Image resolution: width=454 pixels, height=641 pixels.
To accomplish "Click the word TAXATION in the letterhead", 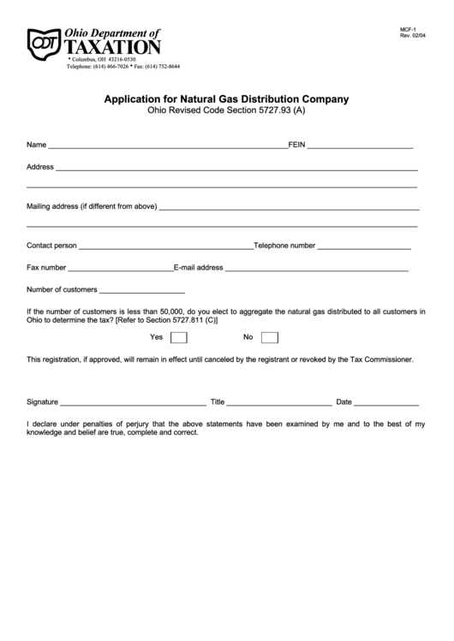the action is (x=113, y=47).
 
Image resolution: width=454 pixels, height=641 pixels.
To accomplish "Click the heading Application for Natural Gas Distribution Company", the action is (x=226, y=98).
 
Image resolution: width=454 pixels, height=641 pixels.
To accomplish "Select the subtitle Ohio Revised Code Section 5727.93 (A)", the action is (x=226, y=111).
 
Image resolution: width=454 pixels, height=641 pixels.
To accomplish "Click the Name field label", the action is (x=36, y=144).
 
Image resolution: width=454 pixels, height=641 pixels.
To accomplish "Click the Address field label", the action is (x=40, y=166).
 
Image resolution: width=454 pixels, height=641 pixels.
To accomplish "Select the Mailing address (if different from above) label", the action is (x=92, y=206).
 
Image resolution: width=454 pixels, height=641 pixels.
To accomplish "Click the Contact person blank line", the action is (x=165, y=247).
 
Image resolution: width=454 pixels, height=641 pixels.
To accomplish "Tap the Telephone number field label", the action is (x=285, y=245).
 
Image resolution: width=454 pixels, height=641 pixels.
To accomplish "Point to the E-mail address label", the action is (x=199, y=267).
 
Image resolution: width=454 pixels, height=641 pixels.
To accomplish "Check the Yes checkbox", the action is (x=179, y=337).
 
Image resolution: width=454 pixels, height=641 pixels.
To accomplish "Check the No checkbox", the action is (x=269, y=337).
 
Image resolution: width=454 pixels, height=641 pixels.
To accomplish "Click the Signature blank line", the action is (x=133, y=403).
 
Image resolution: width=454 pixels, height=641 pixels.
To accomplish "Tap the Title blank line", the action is (x=279, y=403).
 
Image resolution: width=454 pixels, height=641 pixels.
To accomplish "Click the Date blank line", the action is (x=386, y=403).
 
